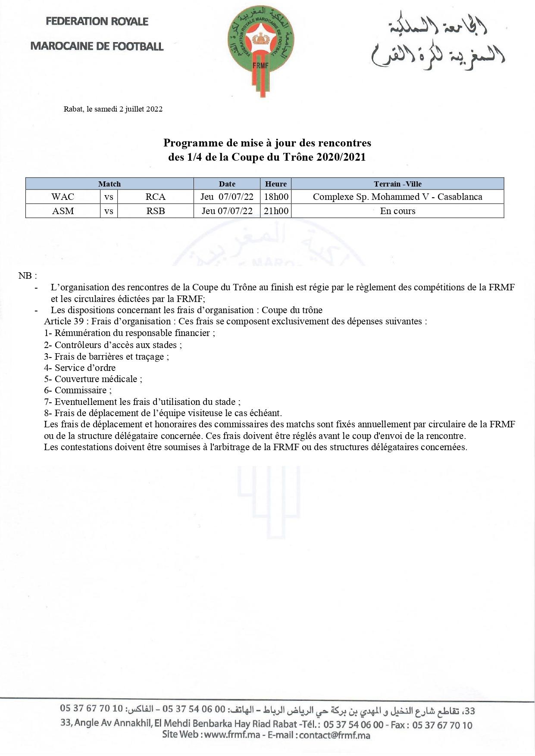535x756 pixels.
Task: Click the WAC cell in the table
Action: pos(63,197)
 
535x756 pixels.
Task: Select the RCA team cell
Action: pos(156,197)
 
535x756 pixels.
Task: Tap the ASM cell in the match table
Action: pos(63,211)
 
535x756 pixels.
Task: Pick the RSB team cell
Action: pos(156,211)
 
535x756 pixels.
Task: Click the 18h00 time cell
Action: pos(276,197)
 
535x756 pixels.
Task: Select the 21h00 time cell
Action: pos(276,211)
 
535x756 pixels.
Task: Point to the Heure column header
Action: pos(276,184)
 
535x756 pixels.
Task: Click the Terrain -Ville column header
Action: pos(397,184)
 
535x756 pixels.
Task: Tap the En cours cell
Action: pos(397,211)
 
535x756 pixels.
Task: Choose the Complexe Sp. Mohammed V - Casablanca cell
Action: pos(397,197)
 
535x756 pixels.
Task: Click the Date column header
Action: pos(227,184)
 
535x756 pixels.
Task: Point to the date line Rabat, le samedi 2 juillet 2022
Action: pos(113,109)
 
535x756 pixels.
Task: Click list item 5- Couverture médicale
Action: pos(93,379)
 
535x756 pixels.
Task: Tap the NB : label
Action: pos(28,276)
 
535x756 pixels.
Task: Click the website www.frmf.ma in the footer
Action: pos(232,735)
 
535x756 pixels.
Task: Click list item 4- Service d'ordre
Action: pos(80,368)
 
